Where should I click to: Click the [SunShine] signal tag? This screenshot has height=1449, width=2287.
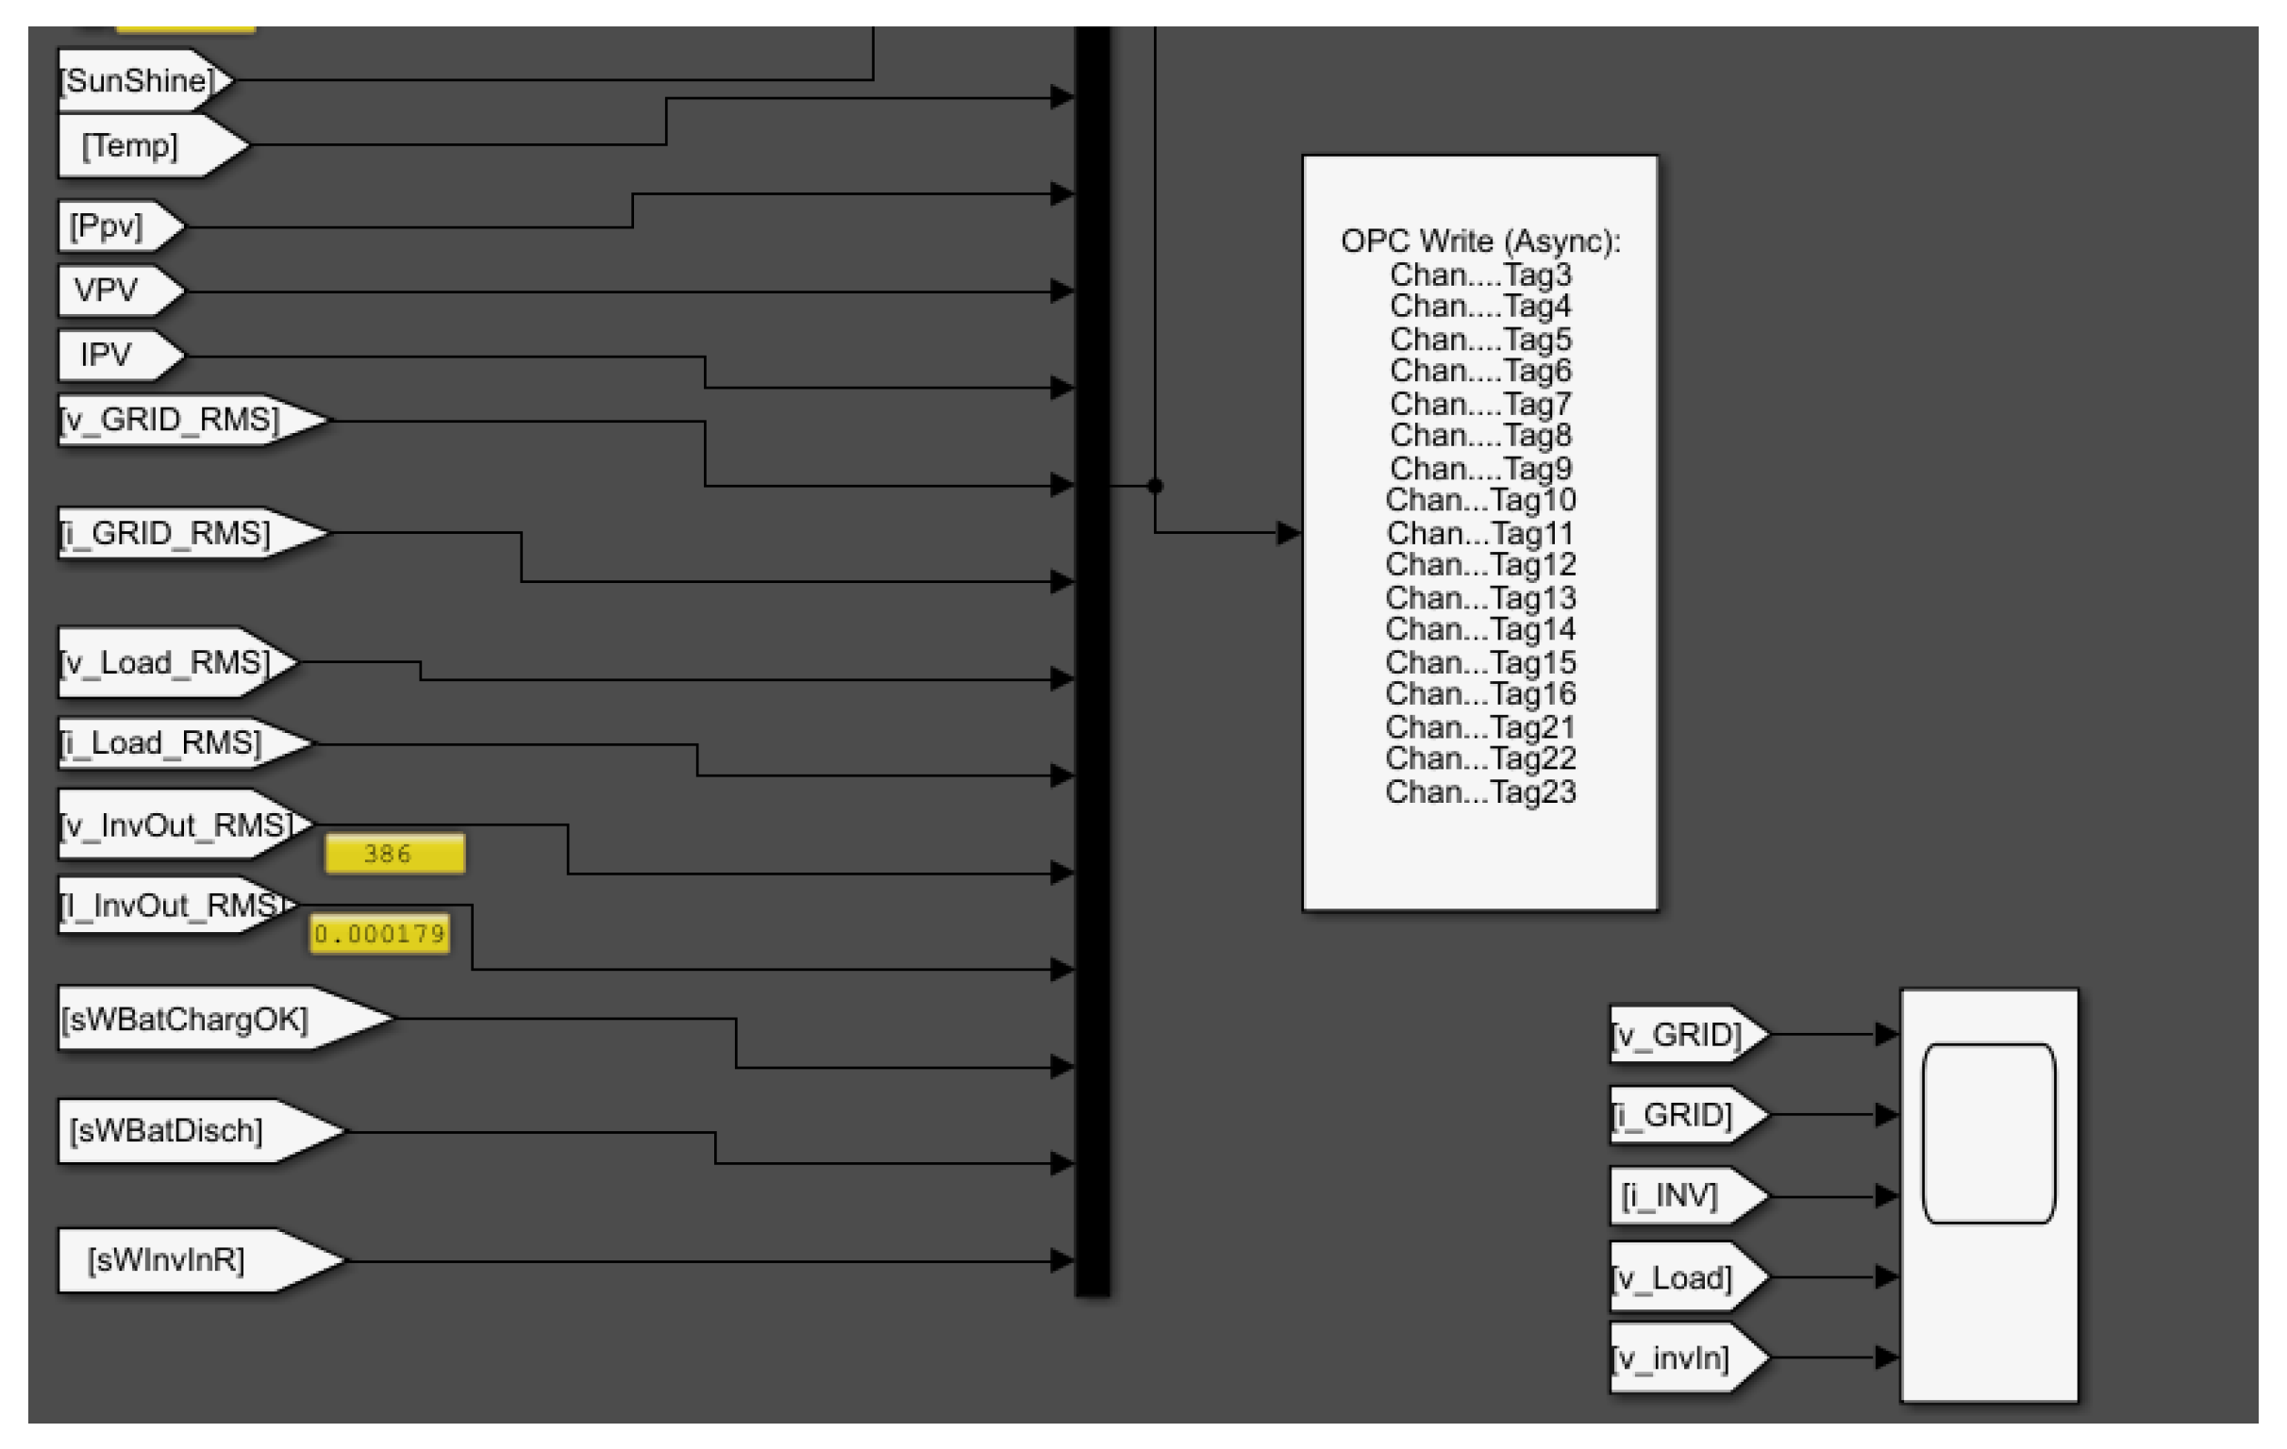pyautogui.click(x=139, y=81)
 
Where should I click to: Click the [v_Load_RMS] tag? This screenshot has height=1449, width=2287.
pyautogui.click(x=167, y=662)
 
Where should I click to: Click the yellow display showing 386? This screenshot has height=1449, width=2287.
pyautogui.click(x=394, y=854)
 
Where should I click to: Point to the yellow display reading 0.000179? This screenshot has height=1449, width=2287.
pyautogui.click(x=379, y=934)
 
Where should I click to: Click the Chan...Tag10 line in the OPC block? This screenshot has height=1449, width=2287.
pyautogui.click(x=1479, y=500)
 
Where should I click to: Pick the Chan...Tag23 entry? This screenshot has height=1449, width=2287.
pyautogui.click(x=1479, y=791)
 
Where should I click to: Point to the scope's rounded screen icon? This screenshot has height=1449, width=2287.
pyautogui.click(x=1988, y=1133)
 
